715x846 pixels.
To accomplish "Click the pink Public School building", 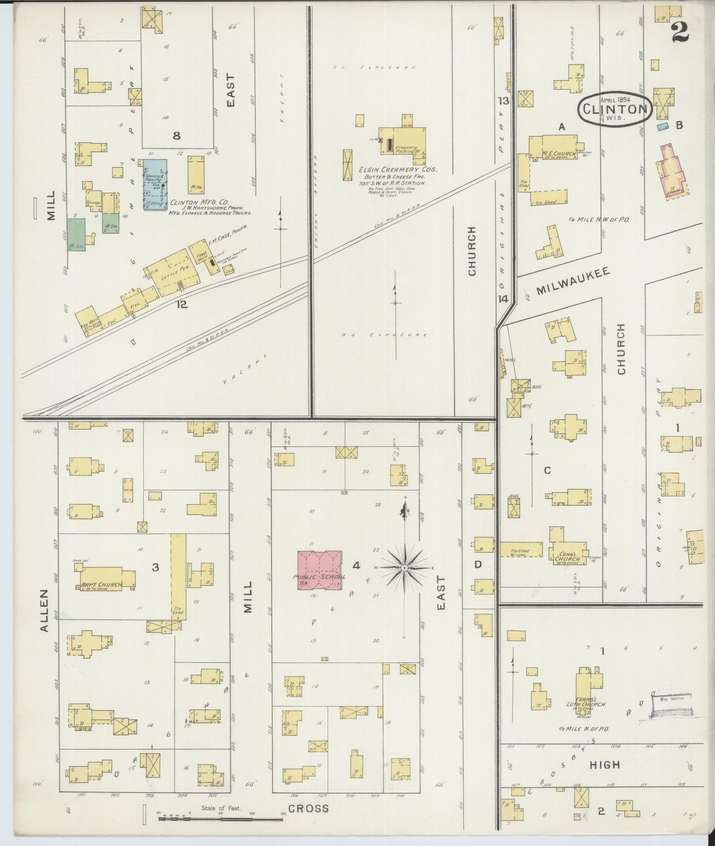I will point(320,569).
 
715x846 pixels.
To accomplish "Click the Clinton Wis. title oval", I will point(615,110).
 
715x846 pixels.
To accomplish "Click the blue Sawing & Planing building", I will point(155,184).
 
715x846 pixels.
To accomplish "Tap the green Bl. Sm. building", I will point(76,235).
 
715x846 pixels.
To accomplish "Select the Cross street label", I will point(308,808).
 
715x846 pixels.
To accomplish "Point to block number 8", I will point(176,136).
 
